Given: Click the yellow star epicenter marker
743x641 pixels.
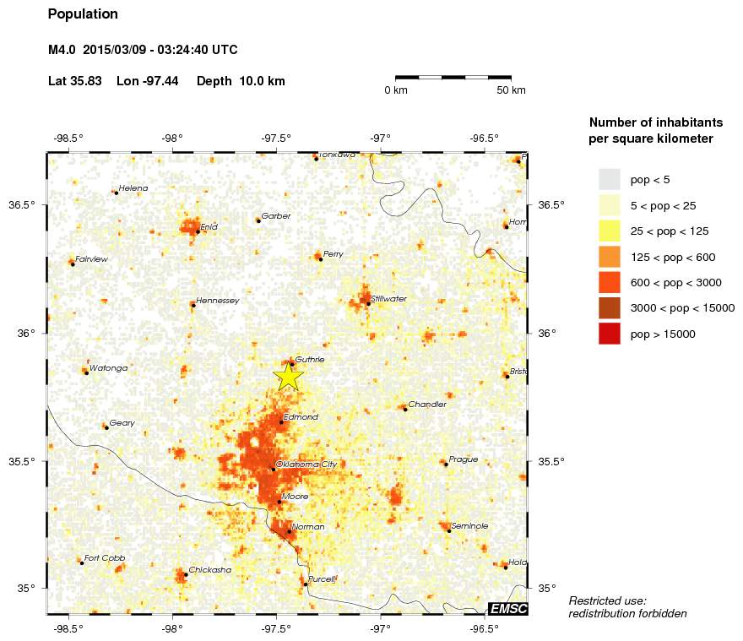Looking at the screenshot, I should (288, 376).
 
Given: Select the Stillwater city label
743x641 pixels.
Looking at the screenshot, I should (388, 299).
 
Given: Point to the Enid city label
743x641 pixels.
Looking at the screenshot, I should (209, 226).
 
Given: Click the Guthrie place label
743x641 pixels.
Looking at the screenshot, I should (310, 359).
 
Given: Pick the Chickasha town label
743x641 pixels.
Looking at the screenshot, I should (209, 570).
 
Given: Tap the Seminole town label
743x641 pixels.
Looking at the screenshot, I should (470, 525).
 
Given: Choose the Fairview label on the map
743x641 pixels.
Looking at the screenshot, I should (91, 259).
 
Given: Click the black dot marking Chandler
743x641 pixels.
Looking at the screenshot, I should (405, 409).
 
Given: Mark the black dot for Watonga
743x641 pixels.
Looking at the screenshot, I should (86, 372).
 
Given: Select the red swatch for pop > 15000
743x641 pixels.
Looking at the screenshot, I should (610, 334).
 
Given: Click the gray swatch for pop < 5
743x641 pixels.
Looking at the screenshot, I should (610, 179).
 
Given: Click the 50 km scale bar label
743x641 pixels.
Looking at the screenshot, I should (511, 90).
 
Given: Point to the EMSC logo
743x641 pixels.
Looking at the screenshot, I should (508, 608).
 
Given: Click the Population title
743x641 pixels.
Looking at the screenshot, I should (83, 14).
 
